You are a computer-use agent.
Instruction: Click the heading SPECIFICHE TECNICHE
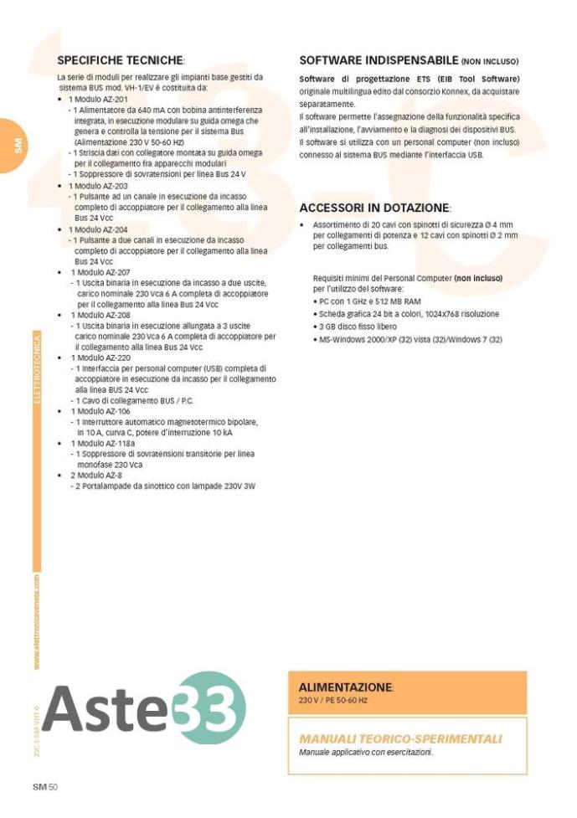click(x=121, y=60)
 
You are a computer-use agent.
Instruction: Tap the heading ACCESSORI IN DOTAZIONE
click(x=375, y=207)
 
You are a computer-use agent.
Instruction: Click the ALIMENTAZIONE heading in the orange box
click(x=346, y=687)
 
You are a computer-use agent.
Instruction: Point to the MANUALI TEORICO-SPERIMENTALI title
click(x=400, y=738)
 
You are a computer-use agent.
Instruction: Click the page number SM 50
click(x=44, y=786)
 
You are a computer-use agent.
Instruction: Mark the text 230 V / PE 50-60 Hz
click(x=333, y=699)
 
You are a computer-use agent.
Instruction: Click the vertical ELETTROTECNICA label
click(x=36, y=368)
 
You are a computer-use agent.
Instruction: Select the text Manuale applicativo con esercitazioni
click(x=366, y=752)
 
